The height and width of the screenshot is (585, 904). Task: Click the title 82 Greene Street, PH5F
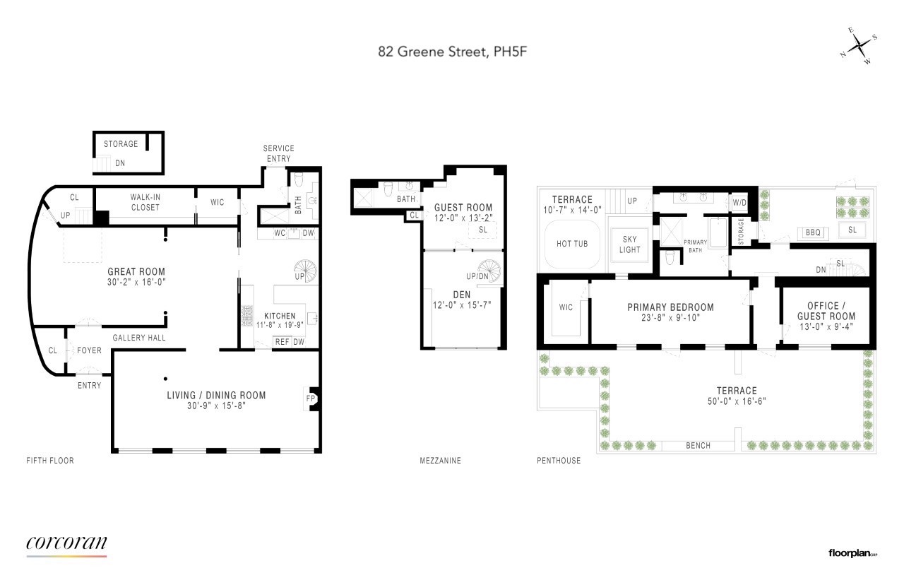tap(452, 52)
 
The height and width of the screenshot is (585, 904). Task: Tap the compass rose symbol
tap(860, 47)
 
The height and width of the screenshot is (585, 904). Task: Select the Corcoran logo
tap(66, 545)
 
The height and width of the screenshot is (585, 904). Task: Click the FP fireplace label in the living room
tap(310, 398)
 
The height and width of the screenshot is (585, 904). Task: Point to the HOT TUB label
tap(572, 244)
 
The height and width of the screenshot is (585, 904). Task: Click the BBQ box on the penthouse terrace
tap(813, 232)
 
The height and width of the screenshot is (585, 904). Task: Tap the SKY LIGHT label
tap(629, 244)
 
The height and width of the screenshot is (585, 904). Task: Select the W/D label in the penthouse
tap(739, 202)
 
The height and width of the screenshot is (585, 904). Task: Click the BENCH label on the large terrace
tap(698, 445)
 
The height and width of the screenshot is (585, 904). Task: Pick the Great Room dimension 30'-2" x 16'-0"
tap(136, 282)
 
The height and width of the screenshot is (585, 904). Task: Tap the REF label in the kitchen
tap(282, 342)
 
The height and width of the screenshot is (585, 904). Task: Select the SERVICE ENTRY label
tap(278, 153)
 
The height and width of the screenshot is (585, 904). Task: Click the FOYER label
tap(89, 350)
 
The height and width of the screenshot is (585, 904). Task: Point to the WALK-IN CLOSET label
tap(145, 202)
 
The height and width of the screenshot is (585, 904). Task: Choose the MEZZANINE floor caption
tap(440, 460)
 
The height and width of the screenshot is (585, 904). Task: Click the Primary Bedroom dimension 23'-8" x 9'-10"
tap(670, 318)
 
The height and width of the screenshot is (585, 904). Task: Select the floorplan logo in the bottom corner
tap(852, 553)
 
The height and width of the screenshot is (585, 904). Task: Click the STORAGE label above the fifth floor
tap(121, 143)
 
